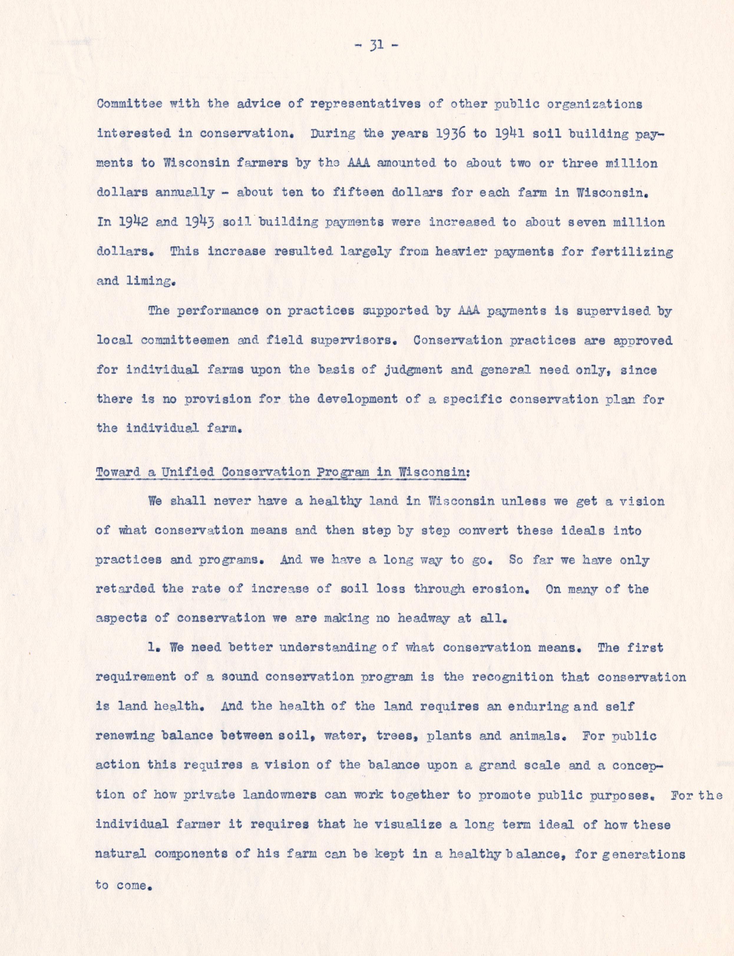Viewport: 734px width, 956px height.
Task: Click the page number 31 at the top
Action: [376, 45]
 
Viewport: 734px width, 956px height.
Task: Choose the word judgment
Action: [413, 370]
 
